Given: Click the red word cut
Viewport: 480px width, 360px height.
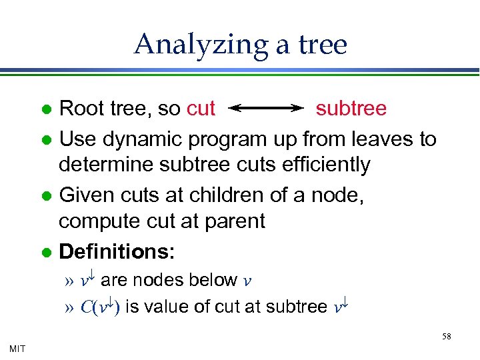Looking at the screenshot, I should pos(201,109).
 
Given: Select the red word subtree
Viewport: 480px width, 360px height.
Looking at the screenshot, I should pos(351,109).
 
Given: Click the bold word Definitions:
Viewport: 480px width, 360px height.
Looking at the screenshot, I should pos(117,252).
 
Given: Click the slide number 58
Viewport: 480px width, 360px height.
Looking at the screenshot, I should pos(446,337).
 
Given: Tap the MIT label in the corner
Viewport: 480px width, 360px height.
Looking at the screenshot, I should pos(18,348).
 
